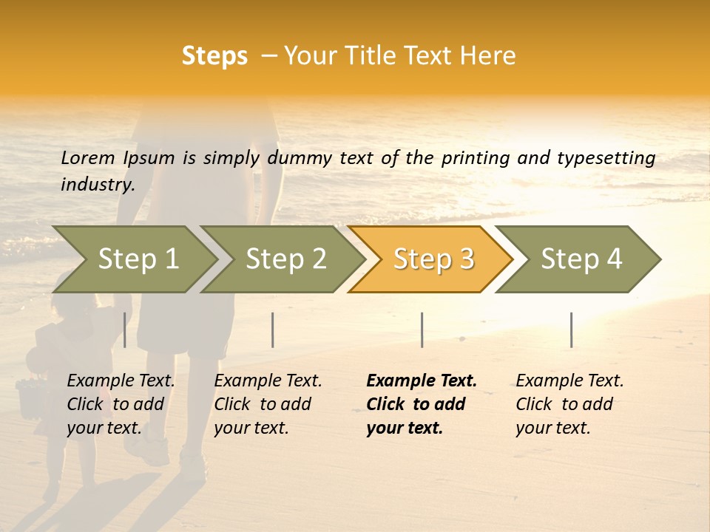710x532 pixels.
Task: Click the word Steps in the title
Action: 214,56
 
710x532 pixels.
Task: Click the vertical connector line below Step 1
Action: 125,330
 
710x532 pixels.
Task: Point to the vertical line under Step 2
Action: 273,330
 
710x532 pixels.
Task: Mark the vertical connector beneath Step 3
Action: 422,330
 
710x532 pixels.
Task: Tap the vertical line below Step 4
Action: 571,330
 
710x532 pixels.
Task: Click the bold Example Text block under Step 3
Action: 422,404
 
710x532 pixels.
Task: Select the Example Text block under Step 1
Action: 121,404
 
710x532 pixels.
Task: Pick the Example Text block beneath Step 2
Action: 268,404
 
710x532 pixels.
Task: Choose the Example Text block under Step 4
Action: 569,404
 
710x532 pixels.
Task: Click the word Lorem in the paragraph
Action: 88,157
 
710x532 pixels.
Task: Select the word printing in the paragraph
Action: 473,158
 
